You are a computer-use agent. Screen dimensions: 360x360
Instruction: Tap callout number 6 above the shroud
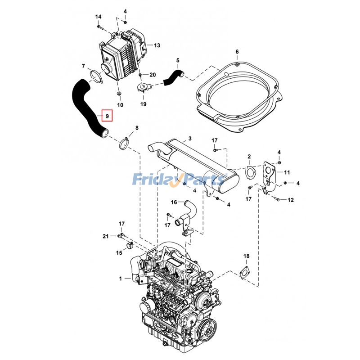(237, 52)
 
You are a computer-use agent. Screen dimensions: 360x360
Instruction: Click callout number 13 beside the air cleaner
(157, 45)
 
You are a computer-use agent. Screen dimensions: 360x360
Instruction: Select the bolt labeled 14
(99, 27)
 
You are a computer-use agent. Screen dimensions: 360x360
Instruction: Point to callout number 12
(291, 199)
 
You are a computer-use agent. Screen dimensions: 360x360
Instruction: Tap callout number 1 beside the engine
(121, 279)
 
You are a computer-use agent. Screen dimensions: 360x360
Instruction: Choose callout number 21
(105, 236)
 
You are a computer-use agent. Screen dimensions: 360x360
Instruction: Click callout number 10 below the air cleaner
(120, 105)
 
